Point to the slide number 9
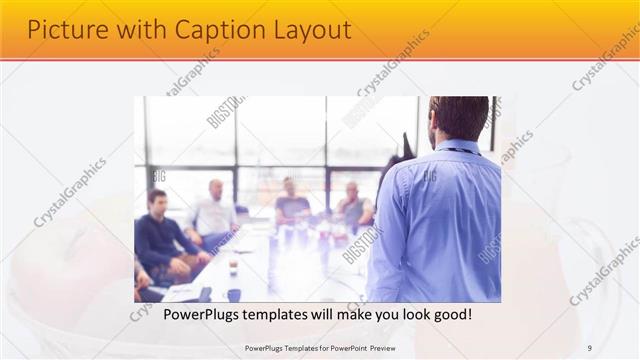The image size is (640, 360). (589, 347)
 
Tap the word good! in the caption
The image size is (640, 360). (451, 314)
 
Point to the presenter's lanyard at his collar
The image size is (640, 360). (457, 150)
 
